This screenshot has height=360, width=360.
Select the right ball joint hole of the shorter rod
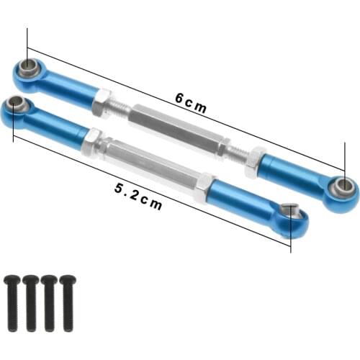click(289, 211)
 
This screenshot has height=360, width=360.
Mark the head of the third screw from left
click(49, 279)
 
